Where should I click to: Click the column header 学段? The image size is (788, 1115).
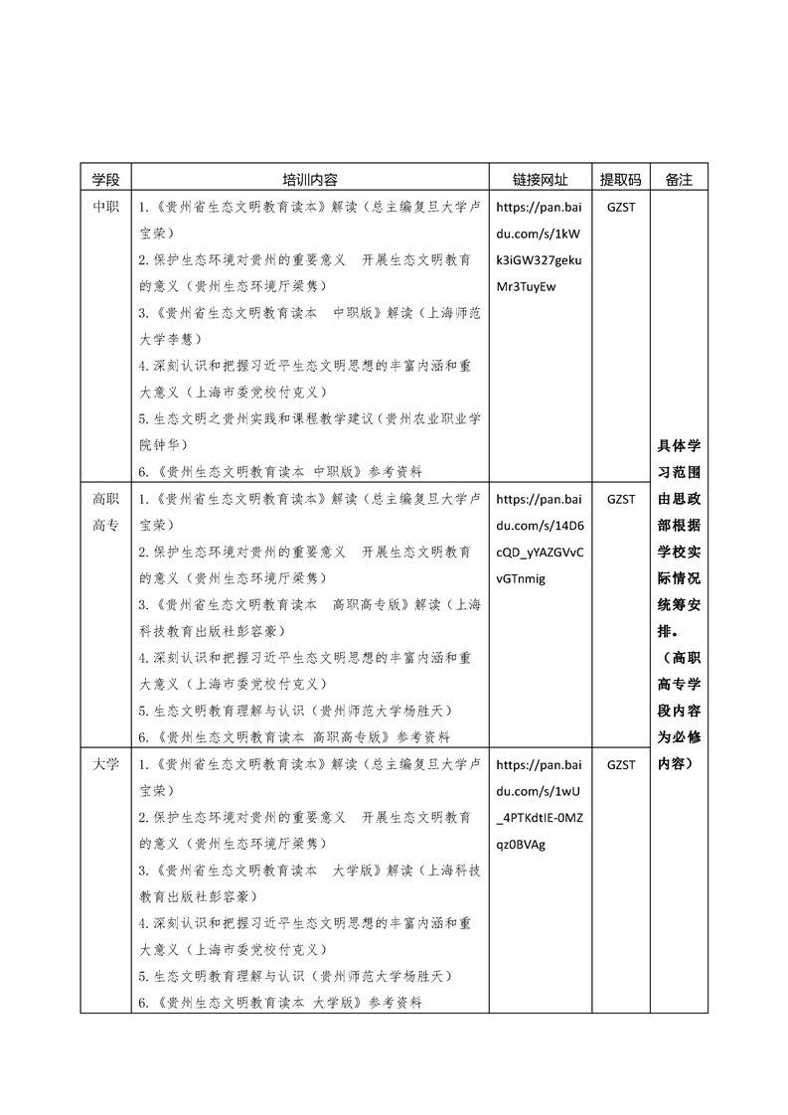[105, 180]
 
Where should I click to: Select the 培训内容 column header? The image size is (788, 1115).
[310, 180]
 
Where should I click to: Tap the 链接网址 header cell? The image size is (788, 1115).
[540, 180]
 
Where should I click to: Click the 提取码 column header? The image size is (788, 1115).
[620, 180]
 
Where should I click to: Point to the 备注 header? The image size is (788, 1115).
[679, 180]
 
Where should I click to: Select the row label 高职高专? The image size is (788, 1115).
[105, 512]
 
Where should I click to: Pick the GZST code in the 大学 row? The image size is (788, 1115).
[620, 765]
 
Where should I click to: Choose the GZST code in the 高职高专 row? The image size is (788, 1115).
[620, 499]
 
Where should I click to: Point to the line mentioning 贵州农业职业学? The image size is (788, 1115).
[310, 419]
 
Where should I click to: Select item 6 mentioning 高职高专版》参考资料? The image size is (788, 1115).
[294, 737]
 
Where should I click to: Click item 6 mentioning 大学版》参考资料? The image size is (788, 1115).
[280, 1003]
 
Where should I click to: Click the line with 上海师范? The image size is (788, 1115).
[310, 312]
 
